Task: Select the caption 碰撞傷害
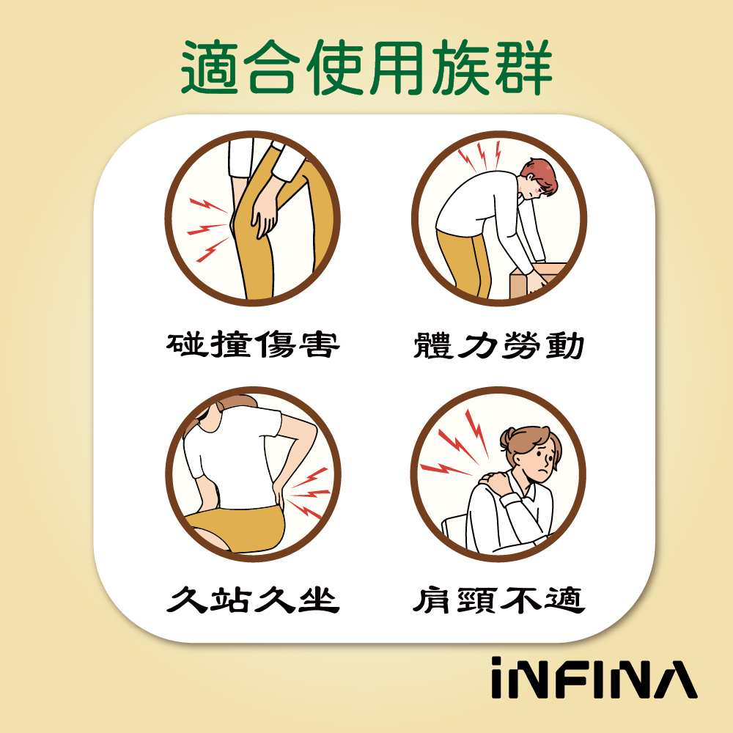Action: [253, 344]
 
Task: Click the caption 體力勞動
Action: [498, 344]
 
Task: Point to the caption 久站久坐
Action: [253, 600]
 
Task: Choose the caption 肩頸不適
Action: [498, 600]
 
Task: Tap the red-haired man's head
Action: [539, 180]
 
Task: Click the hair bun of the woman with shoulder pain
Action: [510, 440]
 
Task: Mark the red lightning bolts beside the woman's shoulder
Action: [454, 447]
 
